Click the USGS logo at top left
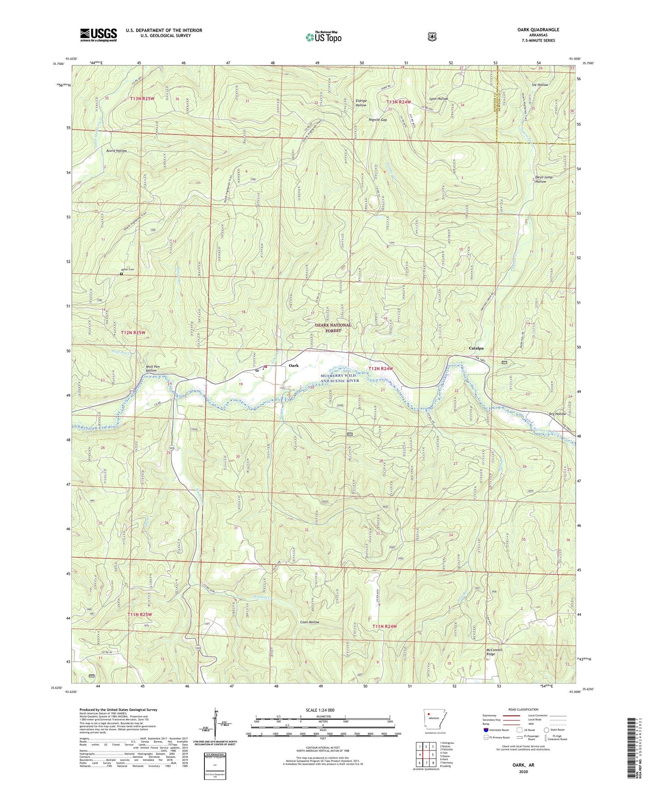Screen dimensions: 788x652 [98, 35]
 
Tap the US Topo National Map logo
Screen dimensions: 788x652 [323, 37]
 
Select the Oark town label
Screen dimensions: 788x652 [294, 365]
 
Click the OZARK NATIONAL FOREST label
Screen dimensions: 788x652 [333, 328]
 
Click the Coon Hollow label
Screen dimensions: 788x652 [310, 622]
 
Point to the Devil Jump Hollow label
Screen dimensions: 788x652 [543, 179]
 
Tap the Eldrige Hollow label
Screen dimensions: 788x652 [361, 103]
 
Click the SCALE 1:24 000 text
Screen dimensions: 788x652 [320, 710]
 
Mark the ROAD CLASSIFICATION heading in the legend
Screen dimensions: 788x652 [523, 709]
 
